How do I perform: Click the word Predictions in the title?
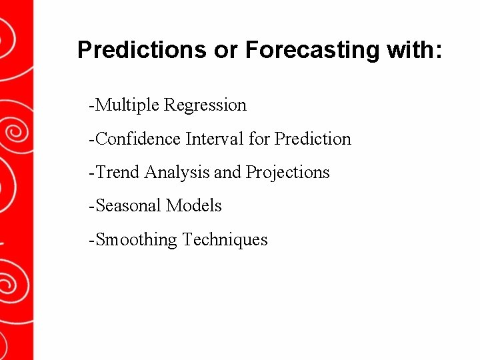coord(142,50)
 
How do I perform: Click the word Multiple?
coord(128,105)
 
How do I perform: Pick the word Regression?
coord(205,105)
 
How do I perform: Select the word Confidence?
coord(139,139)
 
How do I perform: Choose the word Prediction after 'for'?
coord(313,139)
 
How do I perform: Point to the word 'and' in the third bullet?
coord(227,172)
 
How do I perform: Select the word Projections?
coord(288,172)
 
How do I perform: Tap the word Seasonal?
coord(129,205)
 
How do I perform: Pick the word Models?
coord(194,205)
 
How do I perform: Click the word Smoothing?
coord(137,239)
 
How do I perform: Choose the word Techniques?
coord(225,239)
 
